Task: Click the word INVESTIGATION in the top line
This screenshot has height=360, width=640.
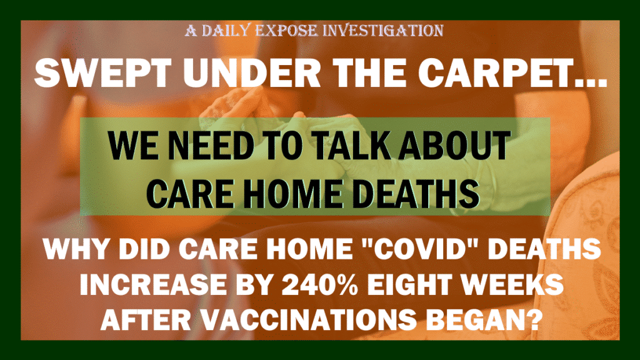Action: tap(382, 31)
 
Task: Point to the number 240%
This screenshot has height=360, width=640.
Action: tap(320, 284)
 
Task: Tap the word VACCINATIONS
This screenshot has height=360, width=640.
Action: tap(304, 319)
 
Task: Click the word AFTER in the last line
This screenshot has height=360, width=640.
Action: tap(146, 319)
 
